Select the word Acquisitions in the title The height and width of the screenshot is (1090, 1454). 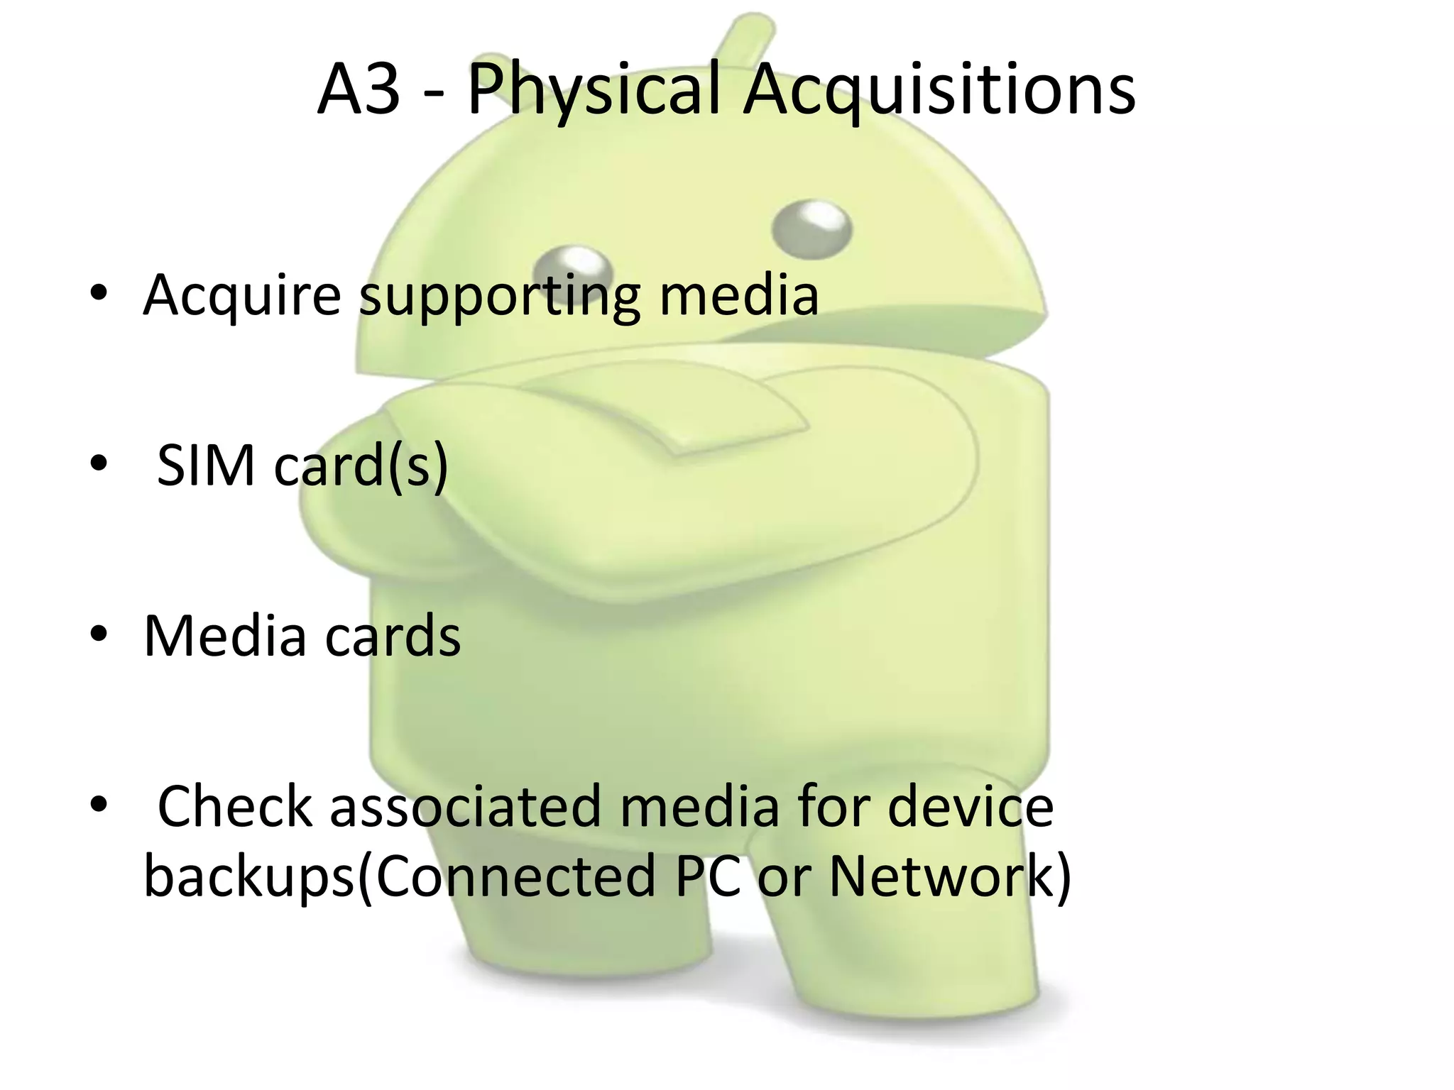939,91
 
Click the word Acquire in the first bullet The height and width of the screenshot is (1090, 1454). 242,294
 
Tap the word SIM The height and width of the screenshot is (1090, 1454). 206,466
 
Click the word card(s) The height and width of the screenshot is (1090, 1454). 361,466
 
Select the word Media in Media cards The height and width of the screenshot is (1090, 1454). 224,636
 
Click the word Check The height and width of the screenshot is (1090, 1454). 234,806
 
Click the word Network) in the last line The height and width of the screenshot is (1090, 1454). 950,877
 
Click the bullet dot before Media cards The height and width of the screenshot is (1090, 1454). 99,633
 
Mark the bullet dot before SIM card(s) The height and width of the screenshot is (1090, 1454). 99,463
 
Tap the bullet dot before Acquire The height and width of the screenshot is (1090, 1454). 99,292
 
